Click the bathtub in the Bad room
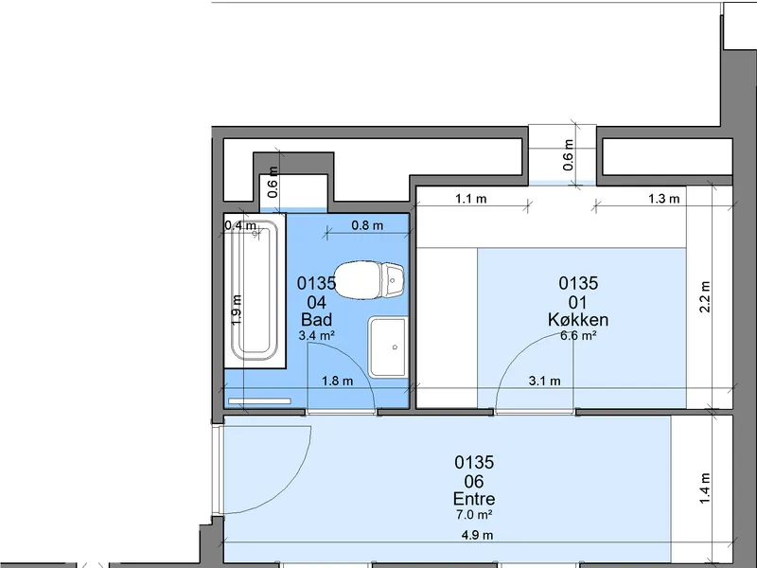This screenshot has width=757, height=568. coord(255,292)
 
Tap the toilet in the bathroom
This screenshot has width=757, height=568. coord(369,279)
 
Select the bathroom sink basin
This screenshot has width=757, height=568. coord(388,346)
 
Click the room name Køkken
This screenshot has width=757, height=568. coord(578,320)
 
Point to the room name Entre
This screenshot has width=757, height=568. coord(474,499)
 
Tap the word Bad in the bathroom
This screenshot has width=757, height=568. coord(316,320)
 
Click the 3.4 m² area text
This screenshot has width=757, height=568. coord(317,335)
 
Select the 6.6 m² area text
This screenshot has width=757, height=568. coord(578,335)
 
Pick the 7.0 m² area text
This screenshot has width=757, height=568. coord(474,515)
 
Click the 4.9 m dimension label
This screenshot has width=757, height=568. coord(478,535)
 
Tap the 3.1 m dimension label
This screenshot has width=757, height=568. coord(545,382)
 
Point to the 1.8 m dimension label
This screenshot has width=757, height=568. coord(338,382)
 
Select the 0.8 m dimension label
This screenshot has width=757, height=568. coord(367,225)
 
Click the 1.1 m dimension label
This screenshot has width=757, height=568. coord(470,199)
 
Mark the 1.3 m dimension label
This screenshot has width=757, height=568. coord(664,199)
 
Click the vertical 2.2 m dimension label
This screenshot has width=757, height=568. coord(705,296)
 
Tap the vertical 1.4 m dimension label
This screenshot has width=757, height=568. coord(705,488)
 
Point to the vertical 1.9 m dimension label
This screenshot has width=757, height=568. coord(237,310)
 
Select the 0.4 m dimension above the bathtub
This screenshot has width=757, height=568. coord(240,225)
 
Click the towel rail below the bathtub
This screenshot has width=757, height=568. coord(259,400)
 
